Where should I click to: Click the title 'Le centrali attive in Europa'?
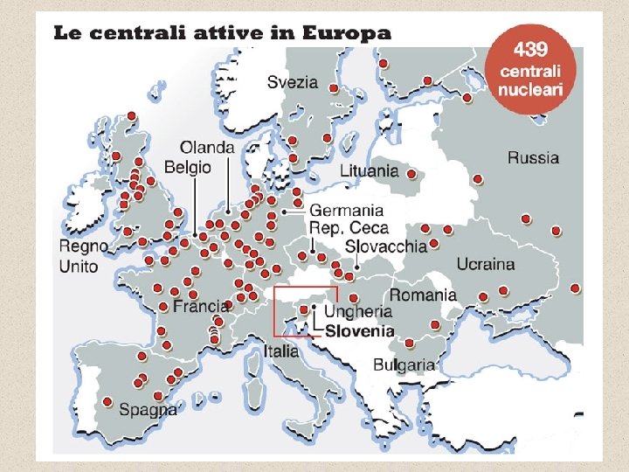click(x=222, y=34)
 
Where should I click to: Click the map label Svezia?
click(x=293, y=83)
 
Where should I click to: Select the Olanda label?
click(x=207, y=148)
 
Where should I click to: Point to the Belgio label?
click(x=188, y=166)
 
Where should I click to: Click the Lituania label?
click(x=369, y=170)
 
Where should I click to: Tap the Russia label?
click(x=533, y=158)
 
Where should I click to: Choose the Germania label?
click(x=347, y=211)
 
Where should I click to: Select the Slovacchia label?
click(x=385, y=246)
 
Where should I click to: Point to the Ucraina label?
click(x=486, y=264)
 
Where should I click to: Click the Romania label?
click(x=423, y=295)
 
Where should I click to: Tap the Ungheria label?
click(x=358, y=311)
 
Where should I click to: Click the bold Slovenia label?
click(x=359, y=330)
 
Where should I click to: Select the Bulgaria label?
click(x=404, y=364)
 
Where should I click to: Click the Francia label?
click(x=201, y=307)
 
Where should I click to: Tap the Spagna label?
click(x=148, y=409)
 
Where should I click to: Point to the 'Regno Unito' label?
click(x=83, y=256)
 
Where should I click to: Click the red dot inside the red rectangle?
click(x=303, y=309)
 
